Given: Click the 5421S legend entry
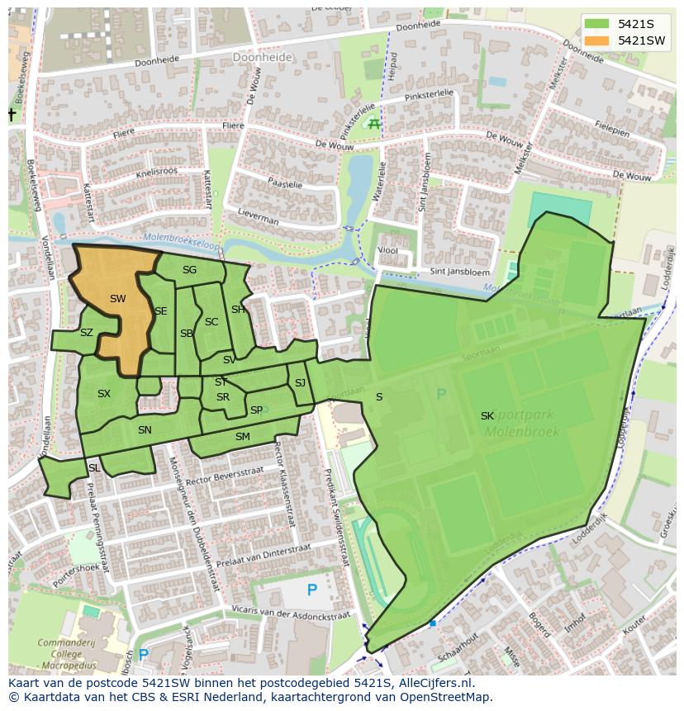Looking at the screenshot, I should pos(625,24).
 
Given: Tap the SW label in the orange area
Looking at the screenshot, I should pos(117,299).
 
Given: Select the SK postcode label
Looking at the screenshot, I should pos(487,416).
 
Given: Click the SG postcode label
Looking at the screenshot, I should pos(189,270).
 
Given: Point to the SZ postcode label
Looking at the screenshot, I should pos(87,334).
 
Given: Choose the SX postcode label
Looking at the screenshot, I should pos(103,394).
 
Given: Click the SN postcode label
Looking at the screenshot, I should pos(145,430).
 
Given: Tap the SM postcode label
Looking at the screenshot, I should pos(242,437).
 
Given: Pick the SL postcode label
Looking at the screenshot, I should pos(94,468).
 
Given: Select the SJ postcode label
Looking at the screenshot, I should pos(300,383).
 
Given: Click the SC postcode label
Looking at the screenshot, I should pos(211,322).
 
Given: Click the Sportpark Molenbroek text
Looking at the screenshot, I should pos(521,424).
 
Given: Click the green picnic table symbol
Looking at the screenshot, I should pos(374,124).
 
